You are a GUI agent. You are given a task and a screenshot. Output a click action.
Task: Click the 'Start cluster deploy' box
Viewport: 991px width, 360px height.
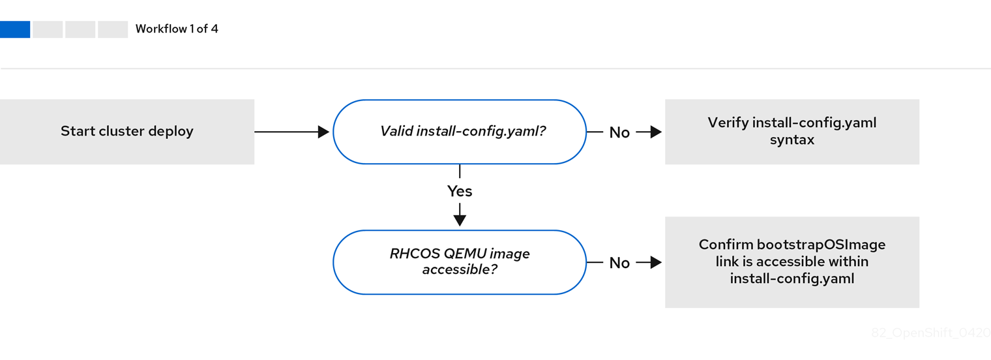click(127, 132)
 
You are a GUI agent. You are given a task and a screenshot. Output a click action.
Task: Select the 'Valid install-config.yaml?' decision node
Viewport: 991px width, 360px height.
click(460, 132)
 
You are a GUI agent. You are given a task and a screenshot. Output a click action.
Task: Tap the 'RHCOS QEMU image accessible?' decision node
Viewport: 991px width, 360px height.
click(460, 262)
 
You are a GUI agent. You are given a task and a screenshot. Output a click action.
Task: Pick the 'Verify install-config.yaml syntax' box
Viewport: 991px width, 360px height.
click(791, 132)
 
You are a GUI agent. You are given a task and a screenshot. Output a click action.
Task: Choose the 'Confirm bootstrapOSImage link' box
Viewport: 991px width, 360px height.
click(791, 262)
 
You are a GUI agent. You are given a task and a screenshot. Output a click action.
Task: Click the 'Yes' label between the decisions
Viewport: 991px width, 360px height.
click(460, 191)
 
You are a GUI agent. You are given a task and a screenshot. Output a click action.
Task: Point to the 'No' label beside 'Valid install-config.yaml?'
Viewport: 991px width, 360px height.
click(619, 132)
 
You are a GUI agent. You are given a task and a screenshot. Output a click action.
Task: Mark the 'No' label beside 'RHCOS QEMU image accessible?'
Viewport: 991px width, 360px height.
click(619, 263)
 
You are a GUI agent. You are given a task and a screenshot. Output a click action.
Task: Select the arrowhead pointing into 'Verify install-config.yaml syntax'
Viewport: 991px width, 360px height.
click(656, 132)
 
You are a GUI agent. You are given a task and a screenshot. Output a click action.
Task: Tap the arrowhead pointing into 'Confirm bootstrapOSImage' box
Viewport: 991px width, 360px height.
click(656, 262)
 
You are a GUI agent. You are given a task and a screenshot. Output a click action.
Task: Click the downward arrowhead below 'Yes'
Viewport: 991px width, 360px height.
click(460, 220)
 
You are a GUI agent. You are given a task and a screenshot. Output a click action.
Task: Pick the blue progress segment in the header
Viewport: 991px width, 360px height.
click(15, 29)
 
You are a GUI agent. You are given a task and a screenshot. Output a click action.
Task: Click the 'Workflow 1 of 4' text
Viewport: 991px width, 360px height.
click(177, 29)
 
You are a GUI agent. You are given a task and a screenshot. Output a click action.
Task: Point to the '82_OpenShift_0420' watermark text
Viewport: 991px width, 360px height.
click(930, 333)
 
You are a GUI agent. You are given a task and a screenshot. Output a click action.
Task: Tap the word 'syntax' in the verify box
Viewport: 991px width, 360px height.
click(791, 140)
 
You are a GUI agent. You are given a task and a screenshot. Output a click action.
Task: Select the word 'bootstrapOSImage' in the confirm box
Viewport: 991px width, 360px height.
click(821, 245)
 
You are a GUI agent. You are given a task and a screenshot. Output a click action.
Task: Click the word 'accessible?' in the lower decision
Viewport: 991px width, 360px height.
click(460, 269)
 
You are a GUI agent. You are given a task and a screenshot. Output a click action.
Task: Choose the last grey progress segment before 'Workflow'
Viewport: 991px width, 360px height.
click(113, 29)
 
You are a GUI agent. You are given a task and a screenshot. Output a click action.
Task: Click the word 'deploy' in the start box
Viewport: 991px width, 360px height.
click(171, 132)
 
